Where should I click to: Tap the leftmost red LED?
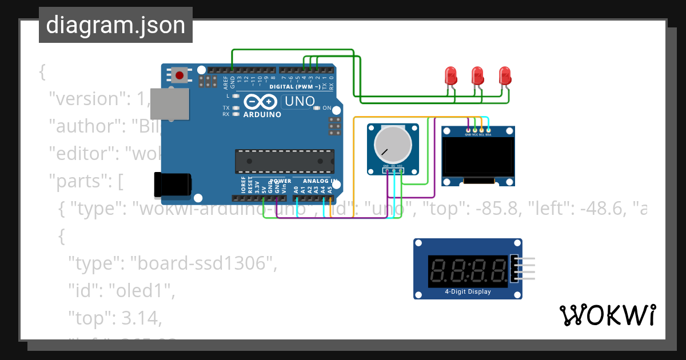click(451, 75)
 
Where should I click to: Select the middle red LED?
click(478, 75)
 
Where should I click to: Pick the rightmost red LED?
click(505, 75)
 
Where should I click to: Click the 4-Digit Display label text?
click(468, 291)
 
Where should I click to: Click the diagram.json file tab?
click(115, 25)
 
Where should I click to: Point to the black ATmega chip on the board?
click(285, 161)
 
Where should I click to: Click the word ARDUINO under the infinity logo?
click(262, 114)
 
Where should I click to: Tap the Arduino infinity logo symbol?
click(262, 102)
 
